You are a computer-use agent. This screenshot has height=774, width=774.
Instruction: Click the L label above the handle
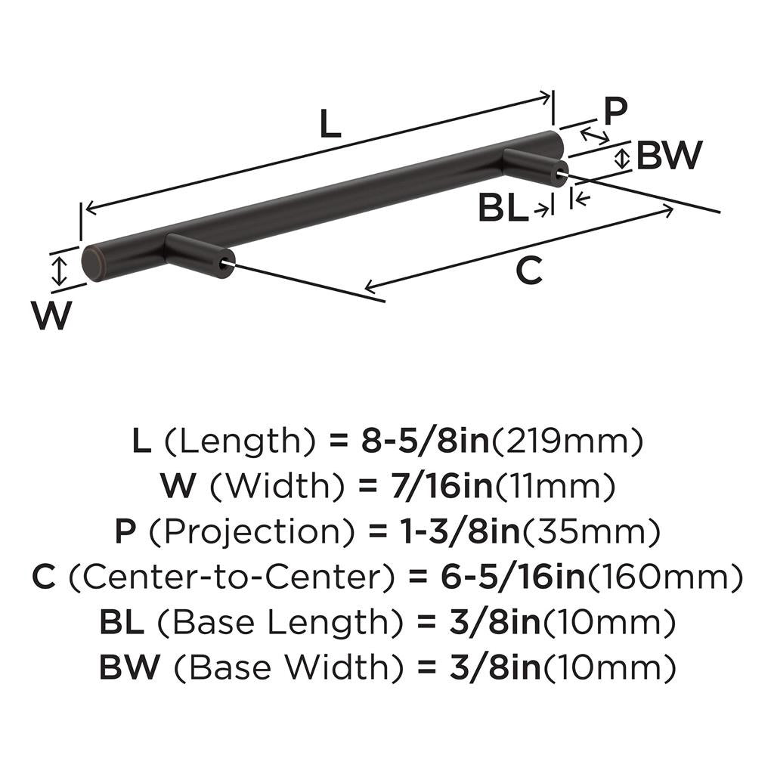click(x=330, y=124)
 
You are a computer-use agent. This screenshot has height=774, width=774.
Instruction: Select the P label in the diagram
click(x=615, y=110)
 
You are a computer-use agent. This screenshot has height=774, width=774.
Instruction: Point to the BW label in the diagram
click(x=669, y=156)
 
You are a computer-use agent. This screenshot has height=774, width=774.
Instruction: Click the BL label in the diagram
click(x=503, y=209)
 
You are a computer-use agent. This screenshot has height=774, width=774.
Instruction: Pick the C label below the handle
click(x=529, y=271)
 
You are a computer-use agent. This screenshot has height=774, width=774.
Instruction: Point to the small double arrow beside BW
click(x=622, y=159)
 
